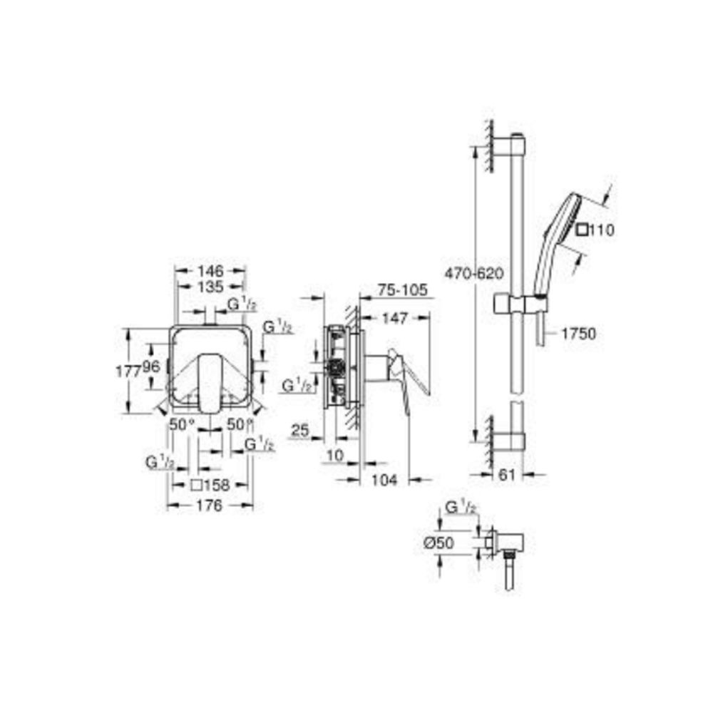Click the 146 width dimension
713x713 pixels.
(x=210, y=271)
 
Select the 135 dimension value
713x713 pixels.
(x=210, y=287)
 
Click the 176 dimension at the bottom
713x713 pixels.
(x=210, y=505)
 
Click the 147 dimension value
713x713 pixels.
(x=395, y=319)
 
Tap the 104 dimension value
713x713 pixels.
(x=384, y=481)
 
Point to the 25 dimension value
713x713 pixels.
(x=299, y=430)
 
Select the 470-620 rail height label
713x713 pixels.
(x=473, y=272)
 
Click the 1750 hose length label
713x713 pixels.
(x=578, y=333)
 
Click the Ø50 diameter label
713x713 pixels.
(x=438, y=543)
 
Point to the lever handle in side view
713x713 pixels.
(x=410, y=374)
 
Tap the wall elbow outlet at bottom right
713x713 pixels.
(x=509, y=545)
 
